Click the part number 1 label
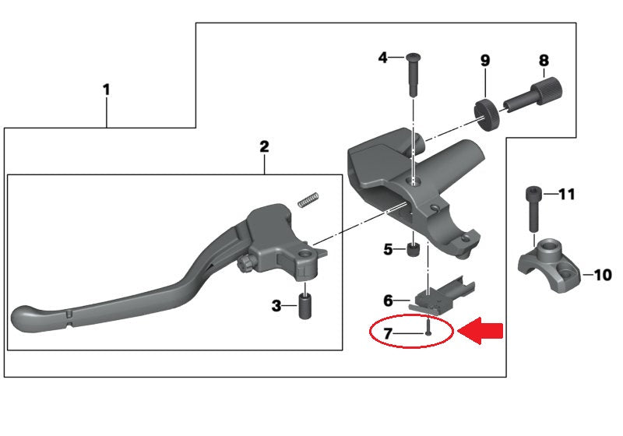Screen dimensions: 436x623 106,90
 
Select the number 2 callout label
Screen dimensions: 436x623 264,146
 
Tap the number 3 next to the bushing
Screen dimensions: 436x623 276,306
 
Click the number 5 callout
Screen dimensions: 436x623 388,249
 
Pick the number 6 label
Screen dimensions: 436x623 388,300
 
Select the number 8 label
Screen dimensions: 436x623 544,60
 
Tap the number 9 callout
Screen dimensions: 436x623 484,60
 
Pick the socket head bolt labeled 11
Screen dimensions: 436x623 533,209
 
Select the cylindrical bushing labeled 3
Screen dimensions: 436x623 304,303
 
